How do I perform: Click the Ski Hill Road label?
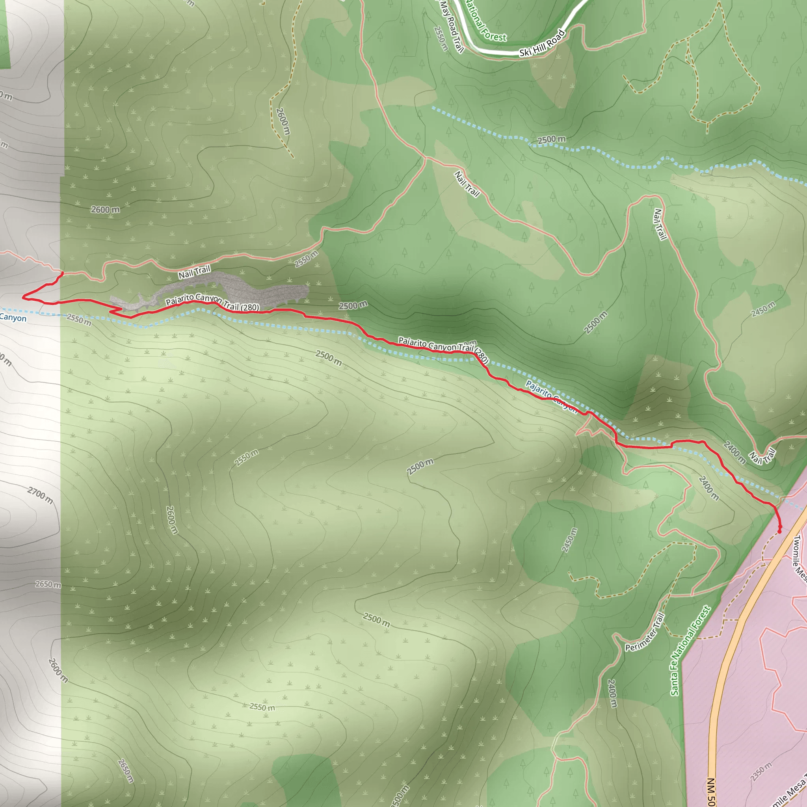(x=542, y=43)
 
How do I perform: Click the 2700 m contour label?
(x=40, y=495)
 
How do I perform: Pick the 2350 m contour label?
(x=761, y=772)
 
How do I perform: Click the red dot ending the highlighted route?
(x=779, y=532)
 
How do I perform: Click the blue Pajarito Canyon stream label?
(x=551, y=396)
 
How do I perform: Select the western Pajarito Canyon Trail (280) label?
(x=212, y=302)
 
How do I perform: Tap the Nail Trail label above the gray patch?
(x=194, y=272)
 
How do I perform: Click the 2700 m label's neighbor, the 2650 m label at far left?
(x=48, y=584)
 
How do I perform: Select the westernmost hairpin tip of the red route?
(x=23, y=297)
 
